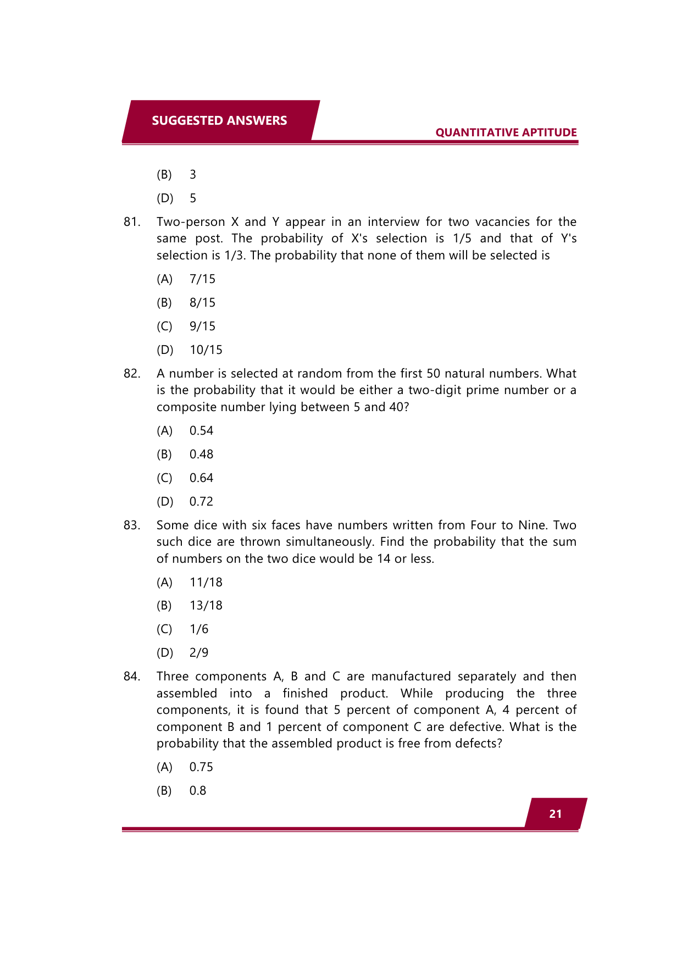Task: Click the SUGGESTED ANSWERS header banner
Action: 219,121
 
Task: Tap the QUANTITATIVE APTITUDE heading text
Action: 506,132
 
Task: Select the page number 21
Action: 555,814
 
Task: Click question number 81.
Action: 132,222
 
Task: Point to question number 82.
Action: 132,374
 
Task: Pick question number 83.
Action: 132,525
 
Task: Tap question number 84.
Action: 132,677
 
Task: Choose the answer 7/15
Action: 202,279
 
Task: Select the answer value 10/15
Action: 206,350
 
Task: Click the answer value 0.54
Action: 201,431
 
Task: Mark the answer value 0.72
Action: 201,502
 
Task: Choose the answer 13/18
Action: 206,606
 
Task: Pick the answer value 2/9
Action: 199,653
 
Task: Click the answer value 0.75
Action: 201,767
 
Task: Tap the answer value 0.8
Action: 198,791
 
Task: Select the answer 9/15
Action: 202,326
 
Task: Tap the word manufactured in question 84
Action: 411,677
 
